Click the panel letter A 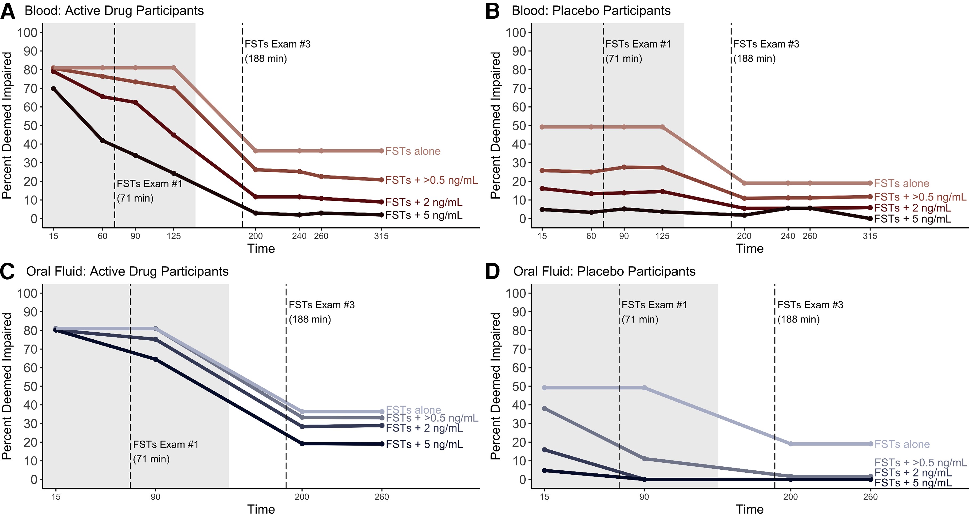[x=8, y=11]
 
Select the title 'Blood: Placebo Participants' [x=591, y=11]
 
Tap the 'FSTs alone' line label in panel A [x=413, y=151]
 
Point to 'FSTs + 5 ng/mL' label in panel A [x=424, y=215]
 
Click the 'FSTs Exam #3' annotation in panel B [x=766, y=44]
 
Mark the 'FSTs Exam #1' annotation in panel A [x=149, y=184]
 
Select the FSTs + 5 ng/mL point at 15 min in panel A [x=53, y=89]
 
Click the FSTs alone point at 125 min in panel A [x=174, y=68]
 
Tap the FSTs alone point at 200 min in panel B [x=744, y=183]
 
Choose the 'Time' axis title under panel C [x=261, y=509]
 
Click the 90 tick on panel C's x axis [x=156, y=497]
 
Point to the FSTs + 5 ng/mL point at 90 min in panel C [x=156, y=359]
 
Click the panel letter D [x=492, y=272]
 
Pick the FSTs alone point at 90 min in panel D [x=644, y=388]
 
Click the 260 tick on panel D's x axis [x=870, y=497]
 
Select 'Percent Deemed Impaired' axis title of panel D [x=496, y=386]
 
